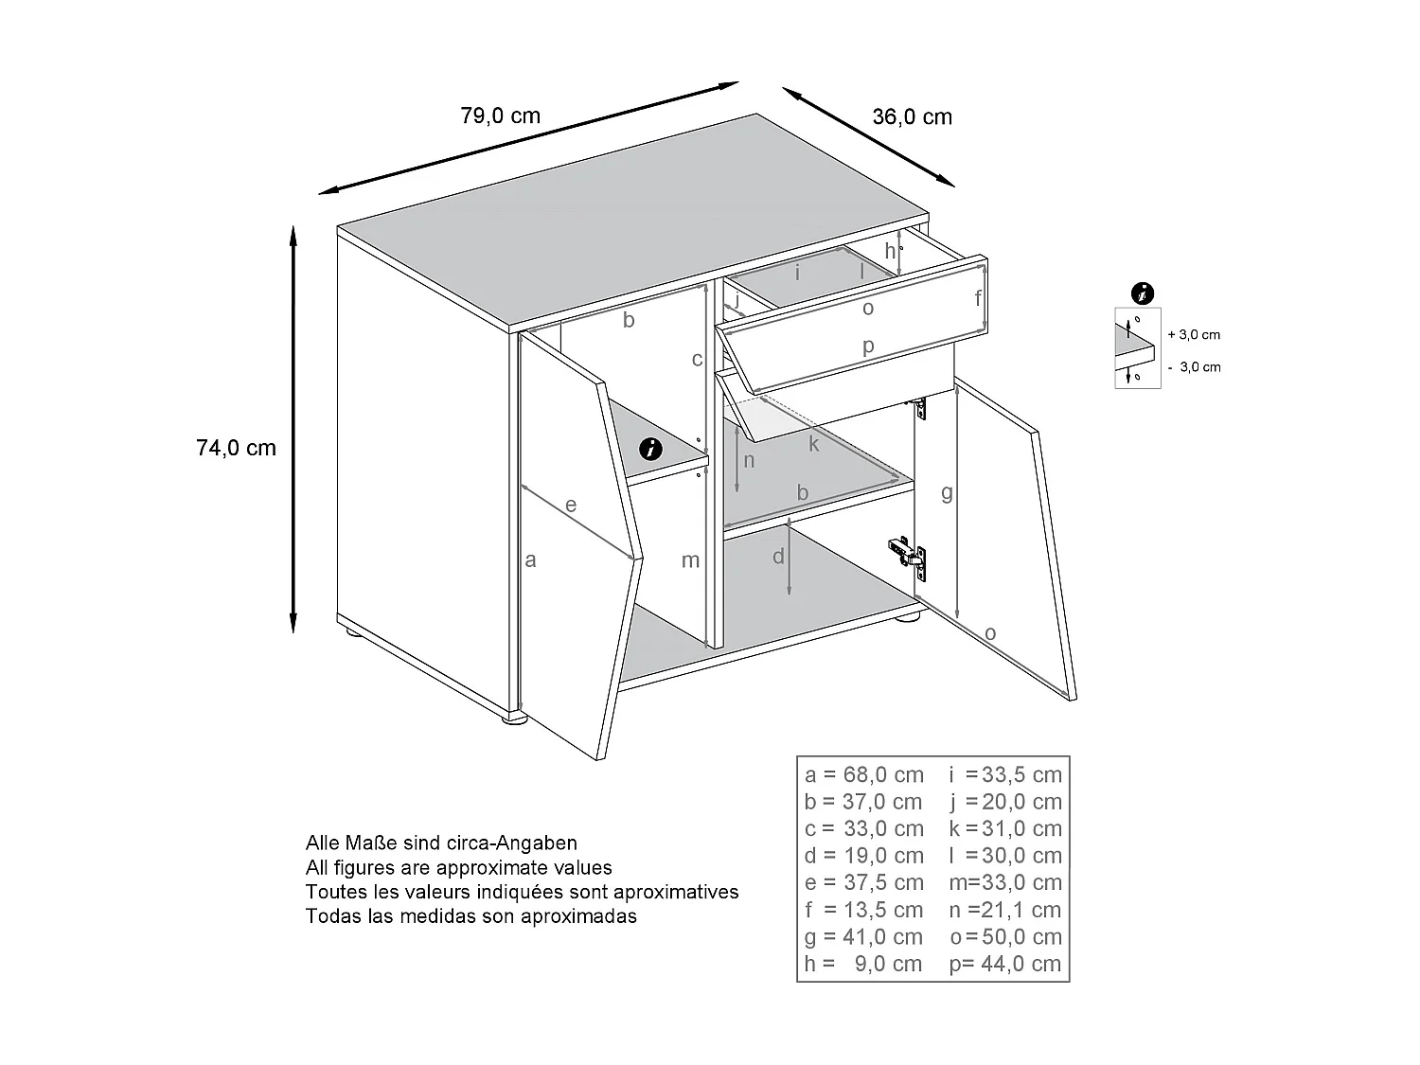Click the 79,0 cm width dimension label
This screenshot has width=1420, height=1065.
pyautogui.click(x=500, y=116)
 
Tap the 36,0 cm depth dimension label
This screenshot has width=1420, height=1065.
pyautogui.click(x=911, y=117)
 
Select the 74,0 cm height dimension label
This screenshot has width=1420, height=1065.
pyautogui.click(x=236, y=448)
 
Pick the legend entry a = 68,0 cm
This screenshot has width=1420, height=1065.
pyautogui.click(x=863, y=775)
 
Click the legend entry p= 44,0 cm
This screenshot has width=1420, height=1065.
pyautogui.click(x=1005, y=965)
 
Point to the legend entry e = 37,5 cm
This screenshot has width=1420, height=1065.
pyautogui.click(x=863, y=883)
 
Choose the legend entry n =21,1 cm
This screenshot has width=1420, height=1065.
pyautogui.click(x=1005, y=911)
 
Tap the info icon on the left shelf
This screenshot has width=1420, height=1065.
pyautogui.click(x=650, y=449)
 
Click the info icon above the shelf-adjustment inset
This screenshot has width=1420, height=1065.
pyautogui.click(x=1144, y=293)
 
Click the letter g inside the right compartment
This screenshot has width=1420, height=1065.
pyautogui.click(x=947, y=492)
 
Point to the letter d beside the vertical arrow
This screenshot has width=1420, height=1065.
pyautogui.click(x=778, y=557)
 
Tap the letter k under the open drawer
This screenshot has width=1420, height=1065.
pyautogui.click(x=813, y=443)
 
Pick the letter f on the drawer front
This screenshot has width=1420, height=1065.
pyautogui.click(x=979, y=298)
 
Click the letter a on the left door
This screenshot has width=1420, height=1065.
pyautogui.click(x=531, y=559)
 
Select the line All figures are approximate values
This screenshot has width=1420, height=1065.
pyautogui.click(x=459, y=867)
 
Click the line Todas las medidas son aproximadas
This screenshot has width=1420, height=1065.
pyautogui.click(x=471, y=916)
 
